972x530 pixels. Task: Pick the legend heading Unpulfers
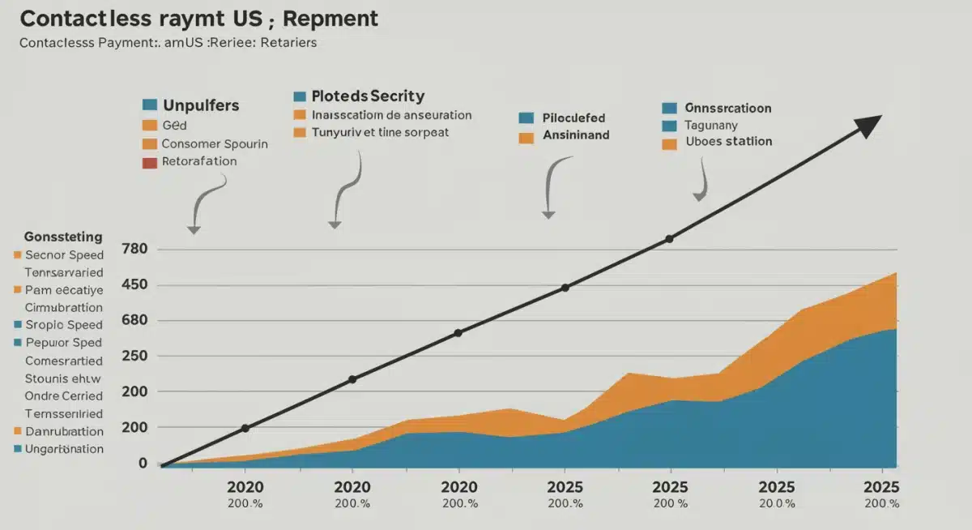(x=201, y=105)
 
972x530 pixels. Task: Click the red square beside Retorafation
(x=148, y=161)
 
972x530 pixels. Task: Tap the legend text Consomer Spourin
(x=215, y=143)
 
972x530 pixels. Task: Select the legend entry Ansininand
(x=576, y=136)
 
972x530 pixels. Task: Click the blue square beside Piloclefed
(x=526, y=118)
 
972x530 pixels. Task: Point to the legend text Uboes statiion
(x=728, y=142)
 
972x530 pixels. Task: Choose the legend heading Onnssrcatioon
(x=727, y=108)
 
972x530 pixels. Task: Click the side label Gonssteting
(x=63, y=237)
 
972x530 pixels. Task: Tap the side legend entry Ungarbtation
(x=64, y=449)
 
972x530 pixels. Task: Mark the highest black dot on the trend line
(x=669, y=239)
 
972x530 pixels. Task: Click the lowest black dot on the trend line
(x=245, y=428)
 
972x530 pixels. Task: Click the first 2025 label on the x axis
(x=565, y=487)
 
